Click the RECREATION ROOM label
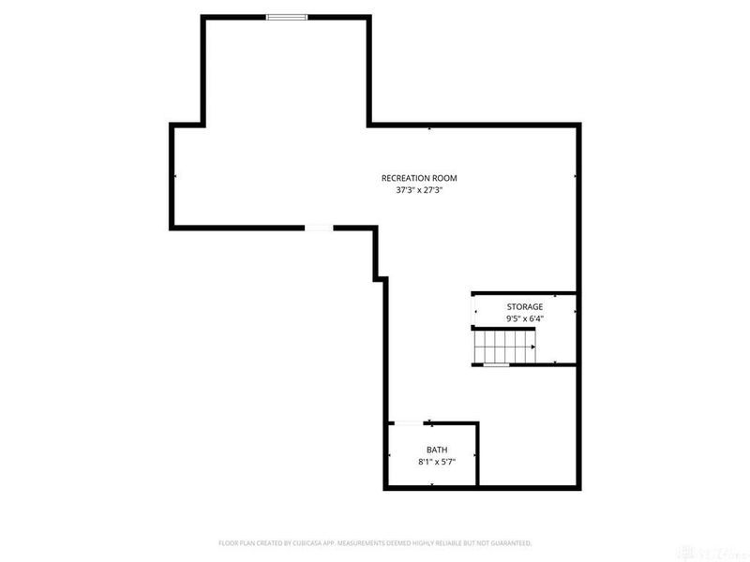coord(418,178)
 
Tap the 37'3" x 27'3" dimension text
coord(418,190)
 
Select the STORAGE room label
coord(525,306)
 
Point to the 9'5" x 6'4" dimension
coord(525,318)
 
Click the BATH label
coord(437,450)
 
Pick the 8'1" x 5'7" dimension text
coord(437,462)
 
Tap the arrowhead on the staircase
coord(532,347)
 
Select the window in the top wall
coord(286,16)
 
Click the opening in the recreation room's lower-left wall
coord(320,227)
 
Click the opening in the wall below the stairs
coord(496,364)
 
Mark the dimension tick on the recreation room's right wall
coord(574,176)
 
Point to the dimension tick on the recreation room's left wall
coord(174,176)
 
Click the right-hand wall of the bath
coord(478,455)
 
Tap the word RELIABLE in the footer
coord(448,543)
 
